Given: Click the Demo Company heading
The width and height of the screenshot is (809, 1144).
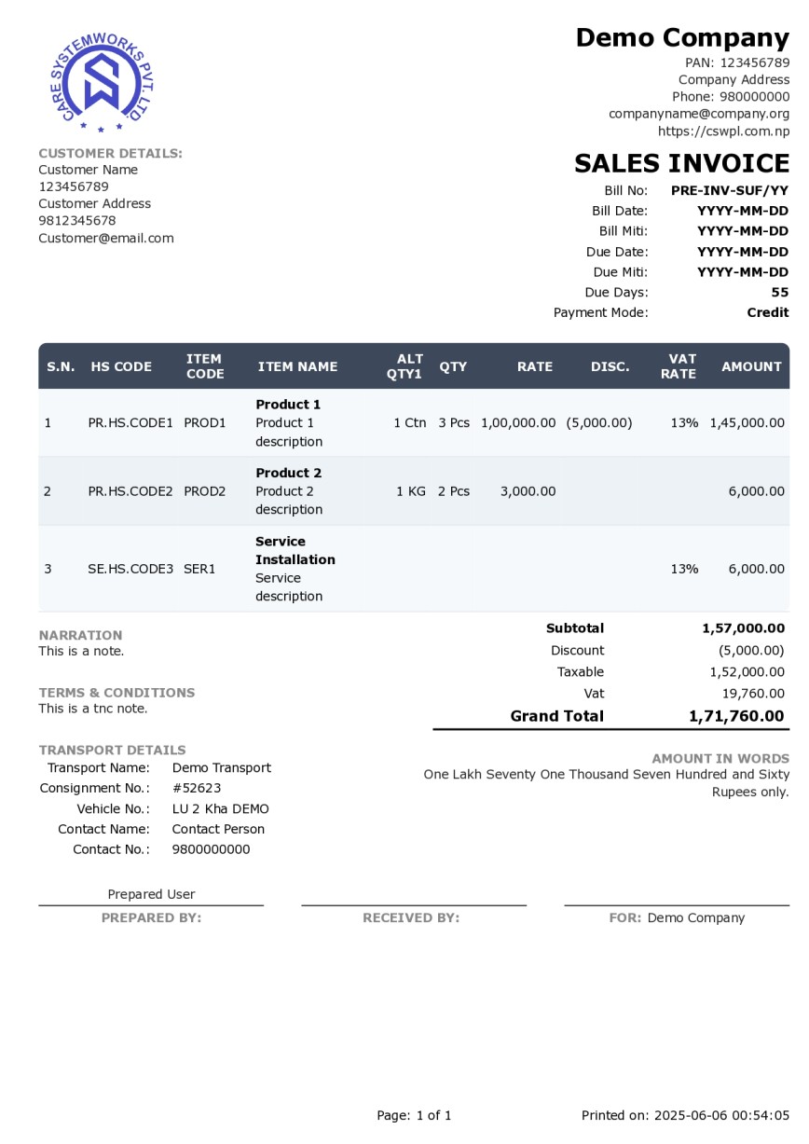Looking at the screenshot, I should [682, 38].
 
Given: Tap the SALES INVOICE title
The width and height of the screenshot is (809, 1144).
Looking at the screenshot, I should [681, 163].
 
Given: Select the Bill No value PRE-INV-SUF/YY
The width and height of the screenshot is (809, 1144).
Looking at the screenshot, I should [729, 190].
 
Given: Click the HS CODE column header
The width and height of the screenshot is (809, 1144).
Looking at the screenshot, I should [121, 366].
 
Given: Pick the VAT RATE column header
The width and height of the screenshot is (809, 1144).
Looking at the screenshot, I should [681, 366].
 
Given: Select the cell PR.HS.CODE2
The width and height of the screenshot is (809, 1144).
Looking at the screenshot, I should [130, 491].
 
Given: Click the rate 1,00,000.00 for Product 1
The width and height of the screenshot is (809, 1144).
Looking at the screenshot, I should [518, 422].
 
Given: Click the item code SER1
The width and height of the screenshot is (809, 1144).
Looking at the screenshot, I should [199, 569].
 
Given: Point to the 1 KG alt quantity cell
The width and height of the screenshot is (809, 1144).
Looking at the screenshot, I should [411, 491].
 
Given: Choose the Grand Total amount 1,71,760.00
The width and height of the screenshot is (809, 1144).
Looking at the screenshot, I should [736, 716].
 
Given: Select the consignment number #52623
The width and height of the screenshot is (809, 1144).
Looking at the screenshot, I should [197, 788].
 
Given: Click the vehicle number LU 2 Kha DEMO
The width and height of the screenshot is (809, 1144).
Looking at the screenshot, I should [220, 808].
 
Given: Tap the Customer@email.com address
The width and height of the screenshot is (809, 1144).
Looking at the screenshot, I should [106, 238].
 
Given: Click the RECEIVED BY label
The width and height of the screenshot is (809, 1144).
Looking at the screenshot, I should [411, 917].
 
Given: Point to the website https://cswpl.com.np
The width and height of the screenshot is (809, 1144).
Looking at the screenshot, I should [723, 131].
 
